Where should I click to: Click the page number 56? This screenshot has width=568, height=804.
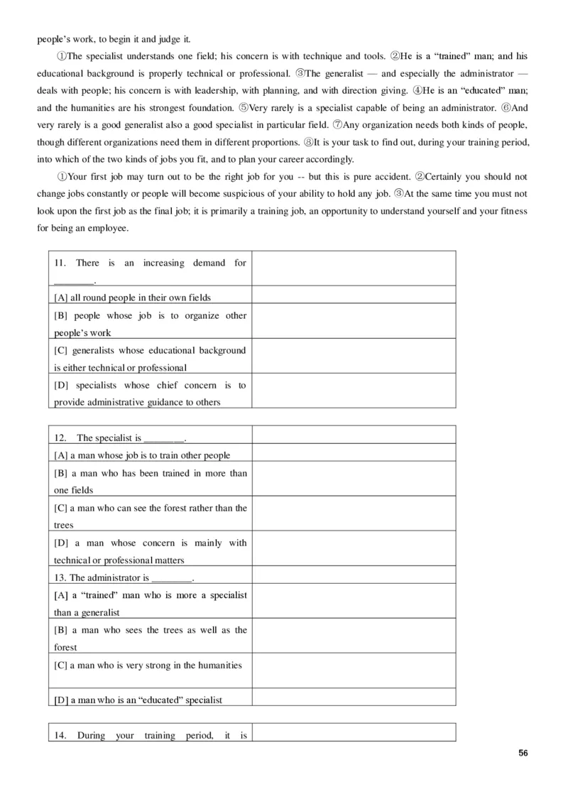click(523, 754)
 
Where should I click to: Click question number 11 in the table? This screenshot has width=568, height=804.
click(60, 264)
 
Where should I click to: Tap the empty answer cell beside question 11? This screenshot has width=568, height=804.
click(354, 268)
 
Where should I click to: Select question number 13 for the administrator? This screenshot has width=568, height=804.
click(60, 577)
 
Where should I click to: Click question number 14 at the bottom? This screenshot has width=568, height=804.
click(60, 735)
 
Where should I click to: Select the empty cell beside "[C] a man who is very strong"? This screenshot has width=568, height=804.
click(354, 670)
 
